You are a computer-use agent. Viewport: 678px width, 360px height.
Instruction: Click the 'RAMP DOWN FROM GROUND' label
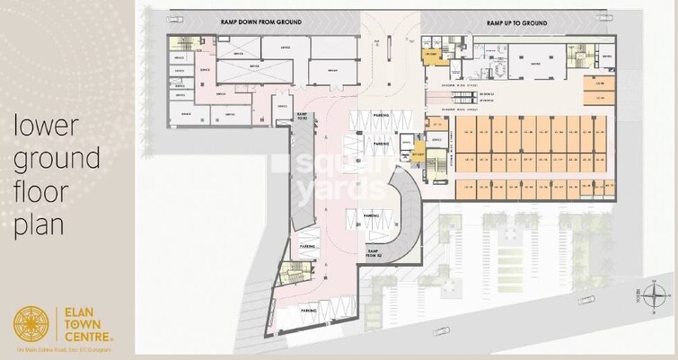click(261, 21)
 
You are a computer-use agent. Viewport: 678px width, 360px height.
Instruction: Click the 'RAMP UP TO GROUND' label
click(524, 21)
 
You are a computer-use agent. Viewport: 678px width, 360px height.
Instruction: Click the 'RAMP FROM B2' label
click(375, 254)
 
